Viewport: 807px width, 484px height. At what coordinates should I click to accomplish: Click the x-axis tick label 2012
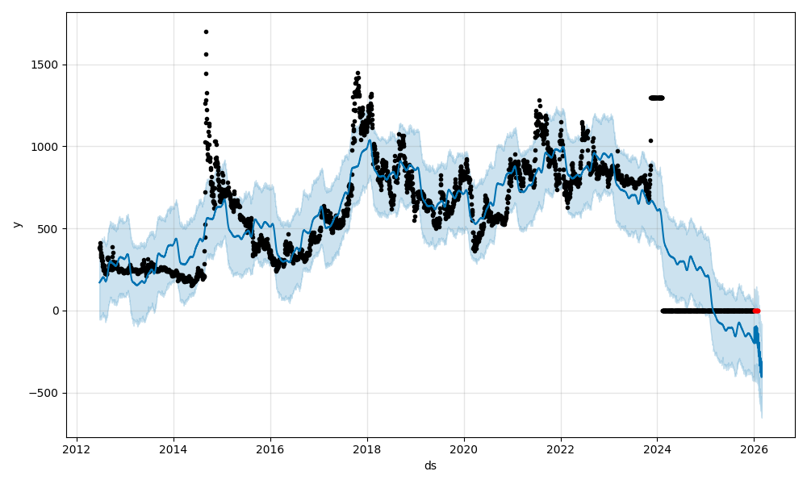(77, 451)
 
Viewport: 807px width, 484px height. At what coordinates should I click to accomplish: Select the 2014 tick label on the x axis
(174, 451)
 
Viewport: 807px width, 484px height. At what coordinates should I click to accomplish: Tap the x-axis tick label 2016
(270, 451)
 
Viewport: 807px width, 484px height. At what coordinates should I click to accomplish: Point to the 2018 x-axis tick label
(367, 451)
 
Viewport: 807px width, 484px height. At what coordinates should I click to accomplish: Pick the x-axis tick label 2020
(464, 451)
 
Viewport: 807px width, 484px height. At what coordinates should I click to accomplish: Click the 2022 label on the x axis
(561, 451)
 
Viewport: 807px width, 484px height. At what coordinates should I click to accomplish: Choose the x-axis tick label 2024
(657, 451)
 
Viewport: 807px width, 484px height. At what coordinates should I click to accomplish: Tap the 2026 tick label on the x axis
(754, 451)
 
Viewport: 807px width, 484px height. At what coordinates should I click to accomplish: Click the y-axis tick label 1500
(46, 65)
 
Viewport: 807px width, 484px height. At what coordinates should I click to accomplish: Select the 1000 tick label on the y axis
(46, 147)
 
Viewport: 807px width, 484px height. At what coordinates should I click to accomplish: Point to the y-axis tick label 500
(49, 229)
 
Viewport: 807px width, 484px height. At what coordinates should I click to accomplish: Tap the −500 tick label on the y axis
(44, 393)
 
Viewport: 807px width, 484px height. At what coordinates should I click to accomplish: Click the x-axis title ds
(430, 466)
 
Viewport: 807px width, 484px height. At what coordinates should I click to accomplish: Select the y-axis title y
(16, 224)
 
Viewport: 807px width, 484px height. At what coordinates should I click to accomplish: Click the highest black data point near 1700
(206, 31)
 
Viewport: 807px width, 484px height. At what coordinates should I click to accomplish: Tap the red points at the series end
(756, 311)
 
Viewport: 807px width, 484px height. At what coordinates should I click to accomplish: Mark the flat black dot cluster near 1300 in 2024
(656, 98)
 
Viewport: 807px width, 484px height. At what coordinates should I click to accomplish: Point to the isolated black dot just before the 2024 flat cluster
(650, 140)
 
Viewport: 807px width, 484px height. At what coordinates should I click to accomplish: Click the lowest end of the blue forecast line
(761, 377)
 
